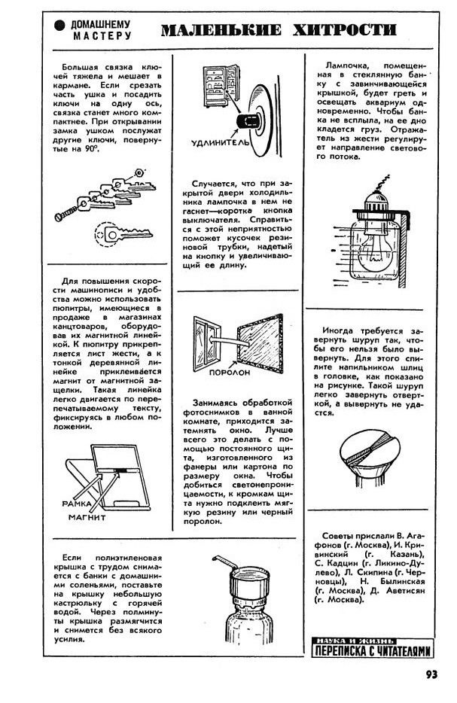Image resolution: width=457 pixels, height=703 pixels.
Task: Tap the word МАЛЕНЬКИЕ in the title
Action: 218,31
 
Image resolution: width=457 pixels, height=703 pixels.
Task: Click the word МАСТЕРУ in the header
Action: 102,35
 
